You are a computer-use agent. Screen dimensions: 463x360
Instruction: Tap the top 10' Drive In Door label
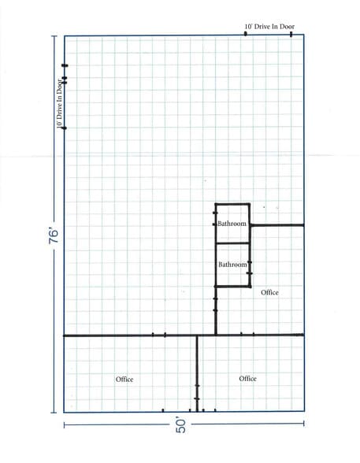269,27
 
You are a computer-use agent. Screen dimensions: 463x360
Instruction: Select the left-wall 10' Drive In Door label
60,102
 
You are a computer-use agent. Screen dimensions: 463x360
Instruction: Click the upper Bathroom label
232,224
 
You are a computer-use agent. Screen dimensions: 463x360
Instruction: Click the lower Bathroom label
232,265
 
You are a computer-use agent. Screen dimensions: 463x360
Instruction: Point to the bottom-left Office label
124,380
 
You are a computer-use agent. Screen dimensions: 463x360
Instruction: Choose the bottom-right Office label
247,379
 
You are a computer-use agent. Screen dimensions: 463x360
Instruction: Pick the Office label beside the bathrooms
269,293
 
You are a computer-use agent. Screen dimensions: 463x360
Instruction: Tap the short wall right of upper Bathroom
277,225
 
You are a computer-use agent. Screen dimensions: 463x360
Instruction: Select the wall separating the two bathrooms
233,243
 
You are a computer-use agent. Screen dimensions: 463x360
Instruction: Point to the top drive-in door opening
269,35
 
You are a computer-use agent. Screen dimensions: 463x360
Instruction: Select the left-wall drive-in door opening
65,102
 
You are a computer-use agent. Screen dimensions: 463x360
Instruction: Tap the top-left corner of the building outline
65,35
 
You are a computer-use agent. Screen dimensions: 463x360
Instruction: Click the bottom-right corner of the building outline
304,412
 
